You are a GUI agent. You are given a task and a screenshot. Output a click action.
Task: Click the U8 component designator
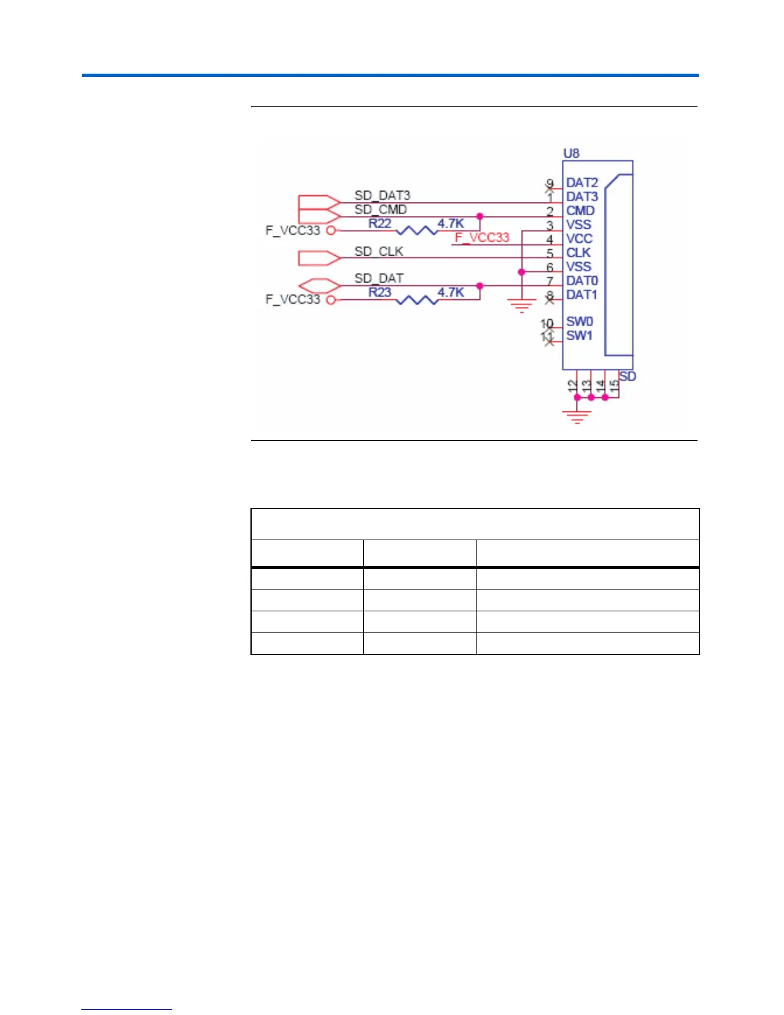[571, 153]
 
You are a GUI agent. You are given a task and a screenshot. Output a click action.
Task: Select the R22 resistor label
[379, 223]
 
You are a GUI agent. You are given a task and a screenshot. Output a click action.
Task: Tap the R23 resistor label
[379, 292]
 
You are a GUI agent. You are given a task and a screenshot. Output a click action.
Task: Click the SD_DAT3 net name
[382, 195]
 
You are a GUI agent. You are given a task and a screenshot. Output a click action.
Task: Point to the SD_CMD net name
[380, 209]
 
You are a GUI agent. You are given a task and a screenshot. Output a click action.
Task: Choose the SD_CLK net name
[379, 251]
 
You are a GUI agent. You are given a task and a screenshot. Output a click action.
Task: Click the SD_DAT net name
[379, 278]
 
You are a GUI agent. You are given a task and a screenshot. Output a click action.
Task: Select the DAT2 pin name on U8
[582, 183]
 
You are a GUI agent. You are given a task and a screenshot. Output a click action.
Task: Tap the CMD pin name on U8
[580, 210]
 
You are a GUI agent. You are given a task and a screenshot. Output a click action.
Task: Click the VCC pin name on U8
[579, 238]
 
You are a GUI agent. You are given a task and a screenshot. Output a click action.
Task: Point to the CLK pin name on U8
[578, 252]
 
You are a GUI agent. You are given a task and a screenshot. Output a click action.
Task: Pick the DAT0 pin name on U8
[582, 281]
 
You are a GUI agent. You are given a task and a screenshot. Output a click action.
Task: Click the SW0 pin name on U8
[580, 321]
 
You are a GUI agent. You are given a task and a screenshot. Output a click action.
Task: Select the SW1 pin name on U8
[579, 335]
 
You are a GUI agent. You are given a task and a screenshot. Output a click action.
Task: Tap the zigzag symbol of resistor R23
[418, 299]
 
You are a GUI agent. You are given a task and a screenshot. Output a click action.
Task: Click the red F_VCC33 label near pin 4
[482, 238]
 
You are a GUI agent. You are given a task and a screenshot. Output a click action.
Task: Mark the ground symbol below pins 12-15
[577, 417]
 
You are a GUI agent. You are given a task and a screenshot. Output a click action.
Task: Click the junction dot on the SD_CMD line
[480, 217]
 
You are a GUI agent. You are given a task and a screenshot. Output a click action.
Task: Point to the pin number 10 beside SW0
[546, 324]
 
